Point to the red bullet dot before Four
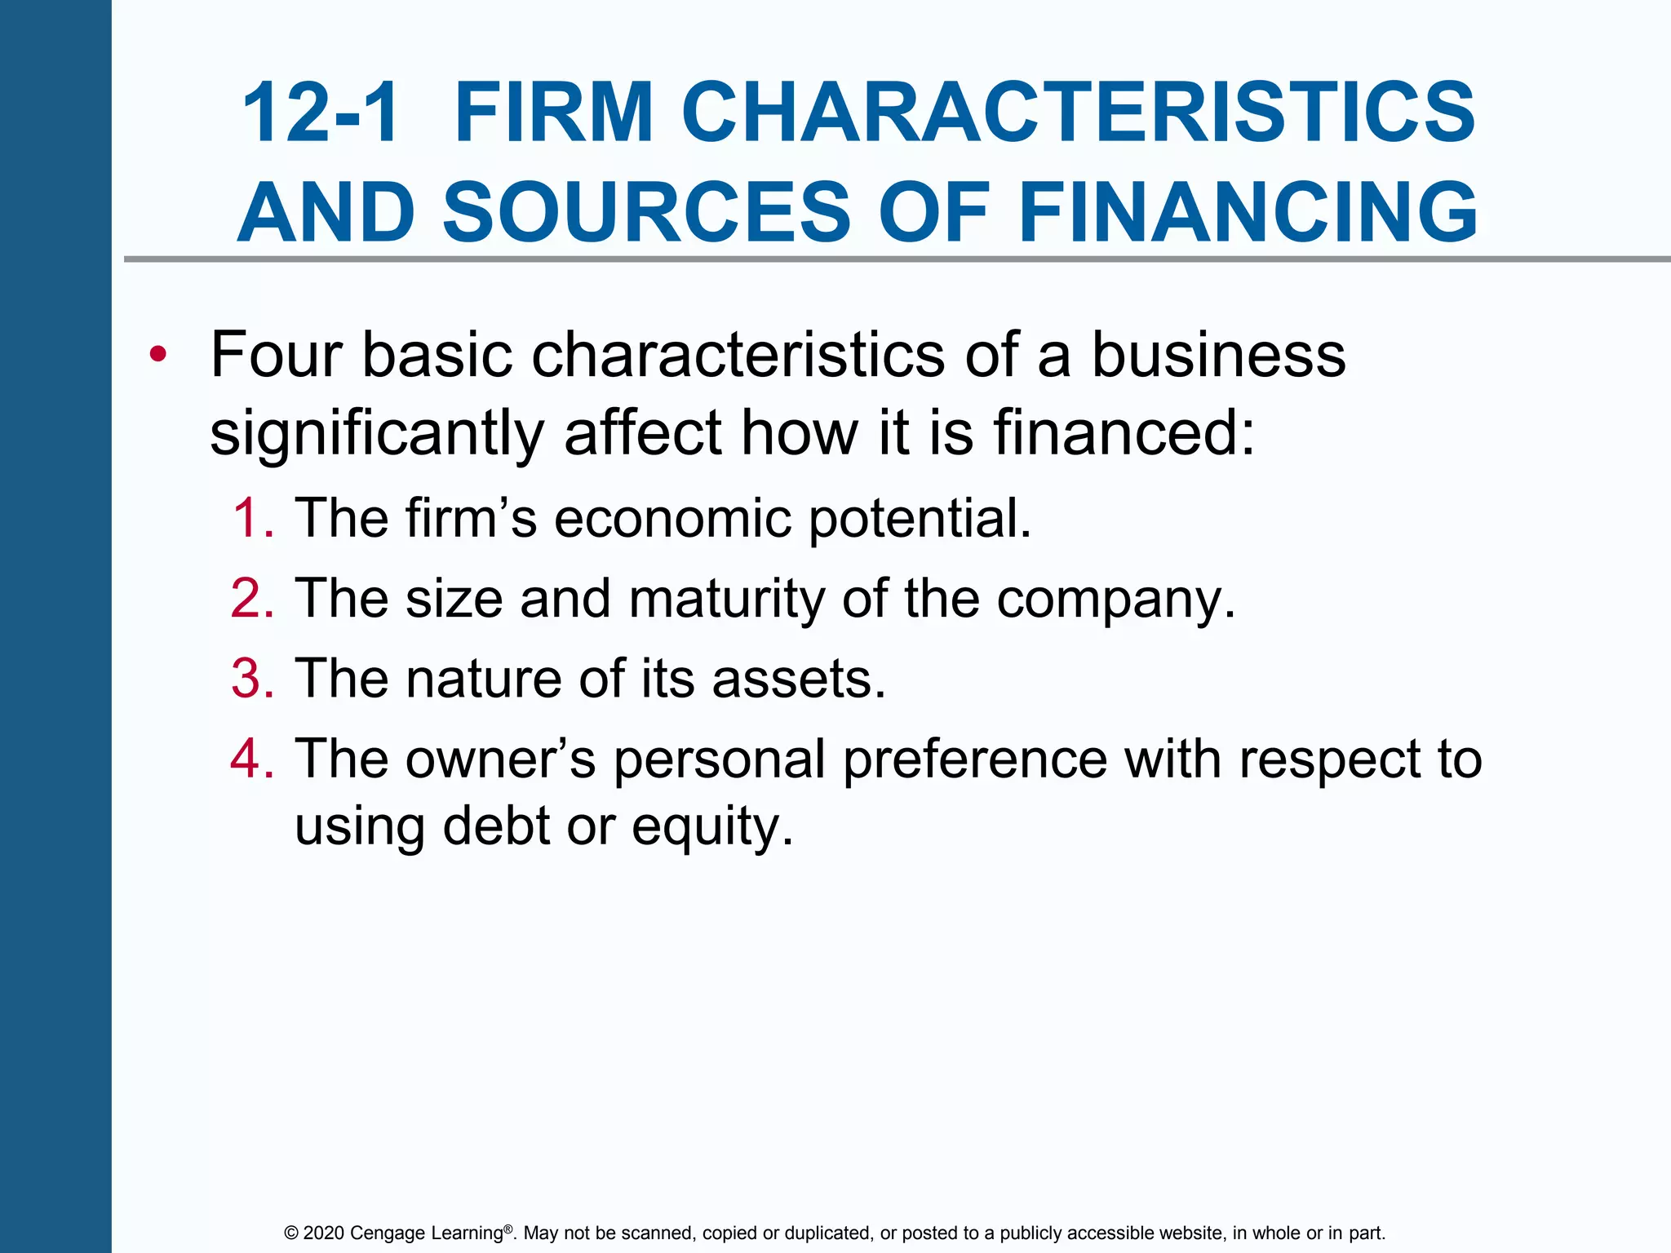click(x=158, y=355)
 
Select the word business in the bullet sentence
click(x=1218, y=355)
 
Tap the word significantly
click(x=377, y=433)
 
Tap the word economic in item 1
click(x=672, y=518)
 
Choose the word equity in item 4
click(x=711, y=827)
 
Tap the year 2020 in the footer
click(x=324, y=1233)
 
